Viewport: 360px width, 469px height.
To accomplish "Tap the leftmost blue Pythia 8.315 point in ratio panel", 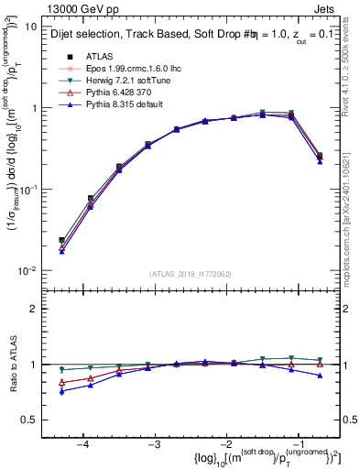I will click(x=62, y=391).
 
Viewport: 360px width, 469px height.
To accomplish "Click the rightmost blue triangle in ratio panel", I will click(x=319, y=376).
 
